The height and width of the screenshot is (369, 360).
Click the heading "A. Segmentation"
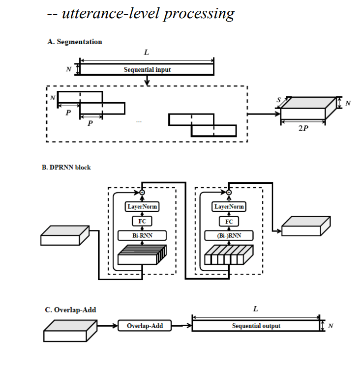pos(74,42)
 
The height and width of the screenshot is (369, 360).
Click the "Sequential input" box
pos(147,70)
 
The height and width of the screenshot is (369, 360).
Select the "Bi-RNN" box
pos(142,236)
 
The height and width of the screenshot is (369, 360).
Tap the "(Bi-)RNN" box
pos(229,236)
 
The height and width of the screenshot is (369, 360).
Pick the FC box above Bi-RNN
pos(142,222)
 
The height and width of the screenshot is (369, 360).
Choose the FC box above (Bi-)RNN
pos(229,222)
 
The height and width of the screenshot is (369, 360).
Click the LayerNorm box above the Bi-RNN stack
pos(142,207)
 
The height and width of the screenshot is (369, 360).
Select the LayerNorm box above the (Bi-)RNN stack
pos(229,207)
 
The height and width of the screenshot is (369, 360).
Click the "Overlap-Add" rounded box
pos(145,326)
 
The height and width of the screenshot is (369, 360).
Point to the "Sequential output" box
pos(256,326)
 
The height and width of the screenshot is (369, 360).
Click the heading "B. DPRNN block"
pos(66,168)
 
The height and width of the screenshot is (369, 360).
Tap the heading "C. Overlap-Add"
pos(70,310)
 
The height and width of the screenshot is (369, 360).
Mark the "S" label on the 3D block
pos(279,100)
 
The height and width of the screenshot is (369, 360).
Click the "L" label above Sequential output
pos(256,309)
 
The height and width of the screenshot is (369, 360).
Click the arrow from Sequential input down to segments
pos(147,81)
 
